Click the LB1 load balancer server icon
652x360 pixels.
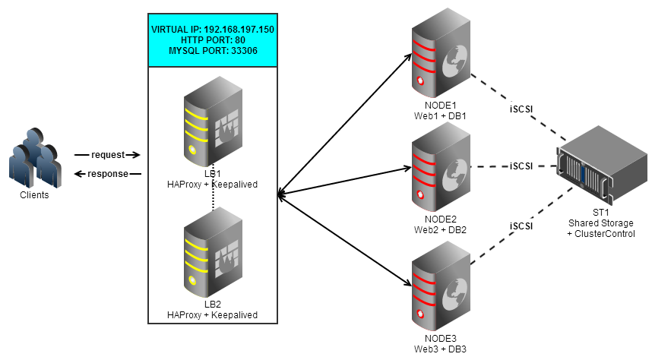click(x=214, y=124)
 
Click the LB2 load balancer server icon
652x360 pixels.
click(x=214, y=254)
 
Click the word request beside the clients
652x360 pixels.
click(x=107, y=155)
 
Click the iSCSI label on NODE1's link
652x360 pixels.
click(x=521, y=108)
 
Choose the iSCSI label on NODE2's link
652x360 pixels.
click(x=521, y=166)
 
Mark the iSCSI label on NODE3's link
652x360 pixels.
click(x=521, y=226)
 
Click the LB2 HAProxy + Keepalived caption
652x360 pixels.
click(x=213, y=314)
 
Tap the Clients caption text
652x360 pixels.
click(x=35, y=194)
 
